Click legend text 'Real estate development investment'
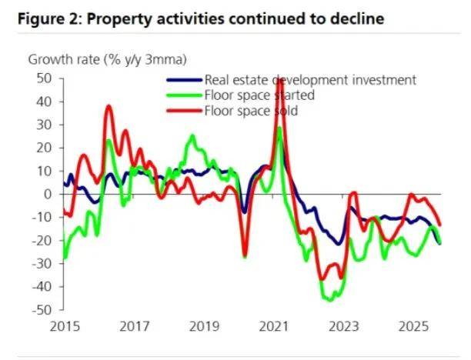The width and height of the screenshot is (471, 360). (x=309, y=80)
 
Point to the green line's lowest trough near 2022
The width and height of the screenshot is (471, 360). (x=332, y=300)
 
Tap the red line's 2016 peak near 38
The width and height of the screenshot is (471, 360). (x=109, y=107)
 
